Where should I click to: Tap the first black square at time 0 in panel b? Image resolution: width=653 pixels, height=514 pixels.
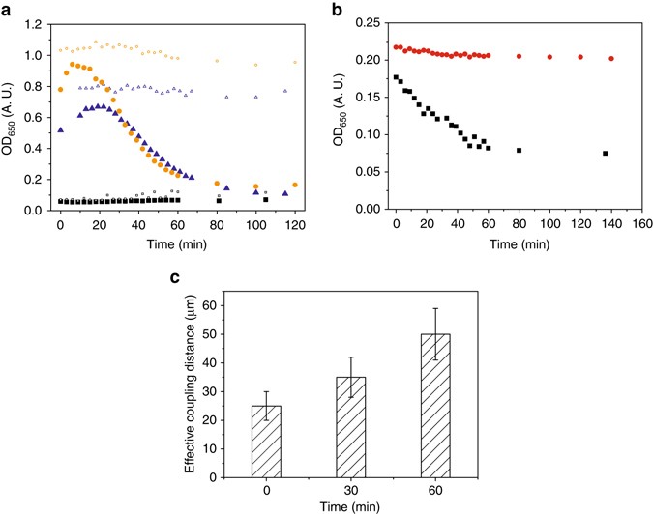coord(396,77)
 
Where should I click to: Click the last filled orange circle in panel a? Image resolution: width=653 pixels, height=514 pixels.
coord(294,185)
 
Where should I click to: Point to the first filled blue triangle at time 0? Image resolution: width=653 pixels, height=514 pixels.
coord(61,129)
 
